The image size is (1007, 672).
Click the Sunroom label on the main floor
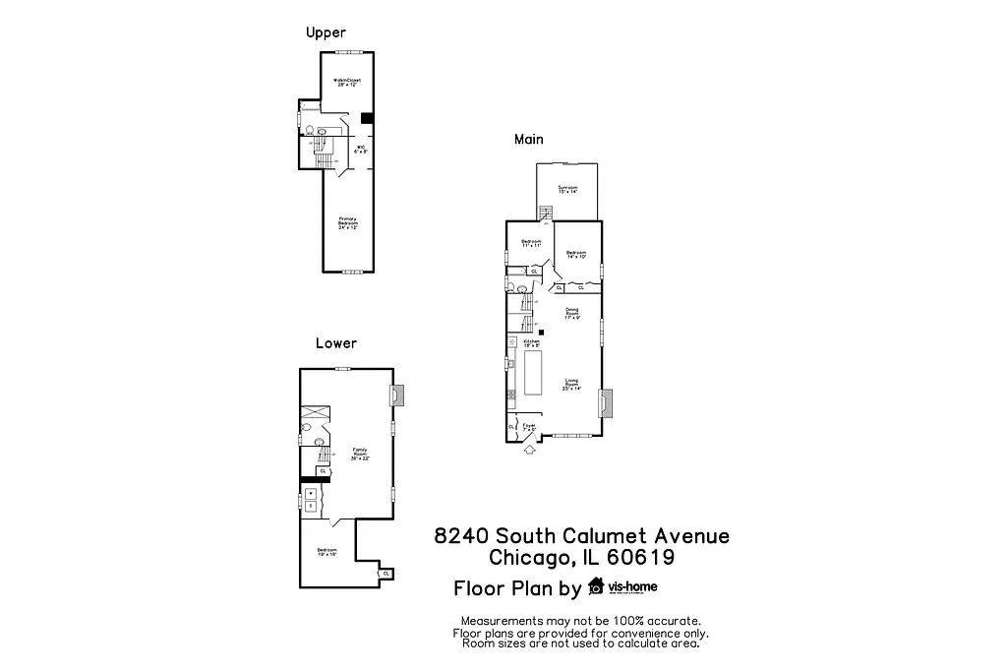(x=567, y=189)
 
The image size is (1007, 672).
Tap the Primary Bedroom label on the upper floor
(x=348, y=221)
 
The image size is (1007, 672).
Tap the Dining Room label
(x=572, y=313)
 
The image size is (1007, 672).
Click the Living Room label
(x=571, y=385)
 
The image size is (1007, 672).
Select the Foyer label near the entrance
(x=528, y=428)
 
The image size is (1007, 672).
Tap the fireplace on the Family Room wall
(x=394, y=395)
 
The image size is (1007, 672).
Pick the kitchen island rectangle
(x=536, y=373)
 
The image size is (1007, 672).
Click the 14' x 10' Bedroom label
(x=576, y=254)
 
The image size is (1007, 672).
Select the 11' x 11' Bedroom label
(x=531, y=244)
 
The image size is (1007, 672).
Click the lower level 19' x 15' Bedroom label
(x=327, y=552)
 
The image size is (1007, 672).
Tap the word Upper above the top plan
(x=326, y=33)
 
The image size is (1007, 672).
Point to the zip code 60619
(x=640, y=559)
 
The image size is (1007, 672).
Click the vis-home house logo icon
(x=596, y=588)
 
